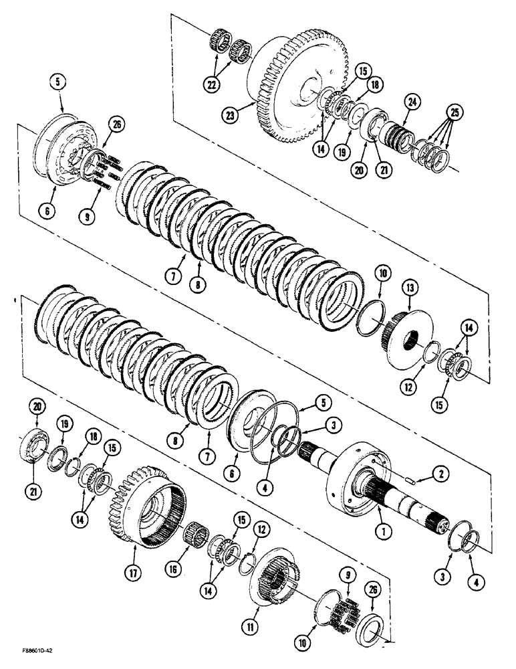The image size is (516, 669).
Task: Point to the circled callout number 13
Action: point(409,289)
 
